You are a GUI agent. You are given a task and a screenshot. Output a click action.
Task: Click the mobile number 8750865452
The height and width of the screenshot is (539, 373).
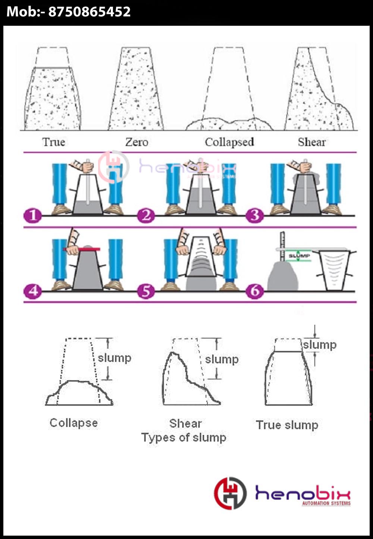tap(90, 12)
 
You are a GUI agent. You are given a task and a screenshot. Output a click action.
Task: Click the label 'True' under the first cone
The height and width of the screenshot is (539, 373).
tap(54, 142)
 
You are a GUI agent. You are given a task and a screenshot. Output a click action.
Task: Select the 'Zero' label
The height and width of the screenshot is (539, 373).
tap(137, 142)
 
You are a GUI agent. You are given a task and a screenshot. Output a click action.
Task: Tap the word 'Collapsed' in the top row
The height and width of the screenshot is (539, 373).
tap(229, 142)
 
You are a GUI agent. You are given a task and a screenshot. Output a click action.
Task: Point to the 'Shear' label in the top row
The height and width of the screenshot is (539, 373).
tap(312, 142)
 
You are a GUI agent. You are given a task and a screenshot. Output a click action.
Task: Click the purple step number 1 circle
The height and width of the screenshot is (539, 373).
tap(33, 215)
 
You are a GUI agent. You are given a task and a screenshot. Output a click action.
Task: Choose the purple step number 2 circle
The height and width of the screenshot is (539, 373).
tap(146, 215)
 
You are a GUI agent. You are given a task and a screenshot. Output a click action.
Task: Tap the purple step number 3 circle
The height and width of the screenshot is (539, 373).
tap(255, 215)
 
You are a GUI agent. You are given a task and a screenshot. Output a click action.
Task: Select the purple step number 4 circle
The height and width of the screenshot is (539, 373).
tap(33, 290)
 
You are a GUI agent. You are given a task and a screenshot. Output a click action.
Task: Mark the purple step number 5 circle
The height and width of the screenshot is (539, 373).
tap(146, 290)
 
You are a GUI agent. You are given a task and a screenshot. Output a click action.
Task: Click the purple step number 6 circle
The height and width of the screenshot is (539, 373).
tap(255, 290)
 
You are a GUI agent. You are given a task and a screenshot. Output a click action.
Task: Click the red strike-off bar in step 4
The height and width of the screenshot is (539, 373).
tap(82, 249)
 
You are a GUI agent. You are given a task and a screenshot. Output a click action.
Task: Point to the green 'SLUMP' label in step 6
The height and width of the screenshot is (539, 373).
tap(299, 256)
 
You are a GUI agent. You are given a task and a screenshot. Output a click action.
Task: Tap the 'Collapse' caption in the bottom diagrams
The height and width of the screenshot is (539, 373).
tap(73, 423)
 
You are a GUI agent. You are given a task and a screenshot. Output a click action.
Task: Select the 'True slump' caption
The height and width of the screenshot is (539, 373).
tap(287, 425)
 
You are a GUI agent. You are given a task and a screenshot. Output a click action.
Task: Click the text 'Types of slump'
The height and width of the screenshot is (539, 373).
tap(184, 437)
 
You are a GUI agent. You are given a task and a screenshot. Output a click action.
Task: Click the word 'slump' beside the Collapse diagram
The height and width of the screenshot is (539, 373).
tap(114, 358)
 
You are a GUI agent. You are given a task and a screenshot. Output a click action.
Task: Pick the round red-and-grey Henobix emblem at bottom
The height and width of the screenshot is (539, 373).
tap(230, 493)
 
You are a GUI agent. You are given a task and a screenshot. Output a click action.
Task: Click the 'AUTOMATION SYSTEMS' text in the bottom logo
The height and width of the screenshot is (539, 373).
tap(326, 504)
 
